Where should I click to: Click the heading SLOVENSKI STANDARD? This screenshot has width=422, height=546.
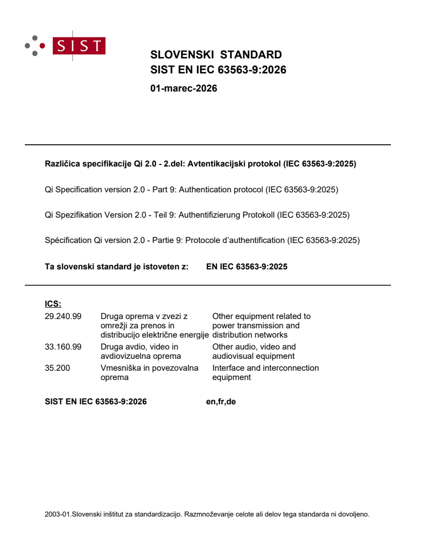pyautogui.click(x=216, y=55)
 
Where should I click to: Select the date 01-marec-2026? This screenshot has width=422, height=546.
pyautogui.click(x=184, y=88)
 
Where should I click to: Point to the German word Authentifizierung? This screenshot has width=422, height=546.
pyautogui.click(x=209, y=215)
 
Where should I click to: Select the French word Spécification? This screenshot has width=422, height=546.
pyautogui.click(x=68, y=240)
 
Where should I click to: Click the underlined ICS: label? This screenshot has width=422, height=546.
pyautogui.click(x=53, y=304)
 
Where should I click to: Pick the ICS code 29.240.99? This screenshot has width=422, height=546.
pyautogui.click(x=63, y=316)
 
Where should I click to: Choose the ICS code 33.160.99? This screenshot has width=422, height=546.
pyautogui.click(x=63, y=346)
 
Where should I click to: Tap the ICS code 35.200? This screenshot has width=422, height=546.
pyautogui.click(x=57, y=368)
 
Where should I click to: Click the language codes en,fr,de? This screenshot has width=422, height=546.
pyautogui.click(x=221, y=401)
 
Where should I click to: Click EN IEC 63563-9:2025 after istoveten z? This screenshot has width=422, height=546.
pyautogui.click(x=247, y=267)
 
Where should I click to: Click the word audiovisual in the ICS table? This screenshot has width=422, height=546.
pyautogui.click(x=232, y=356)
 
